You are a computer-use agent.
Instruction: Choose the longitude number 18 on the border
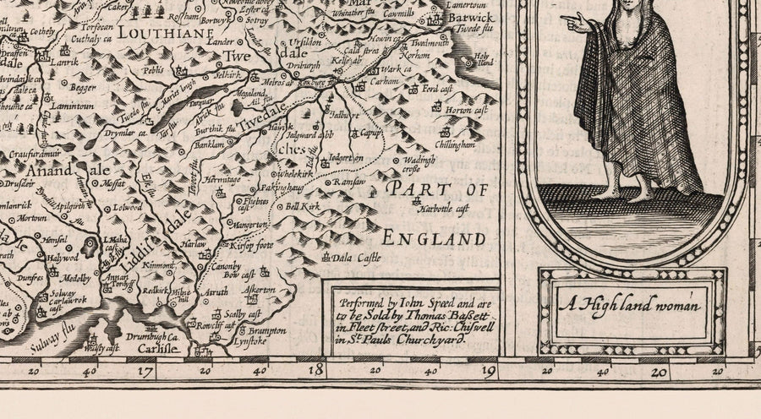tap(315, 368)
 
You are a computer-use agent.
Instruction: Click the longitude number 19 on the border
tap(487, 368)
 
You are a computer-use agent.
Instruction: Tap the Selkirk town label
tap(227, 75)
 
